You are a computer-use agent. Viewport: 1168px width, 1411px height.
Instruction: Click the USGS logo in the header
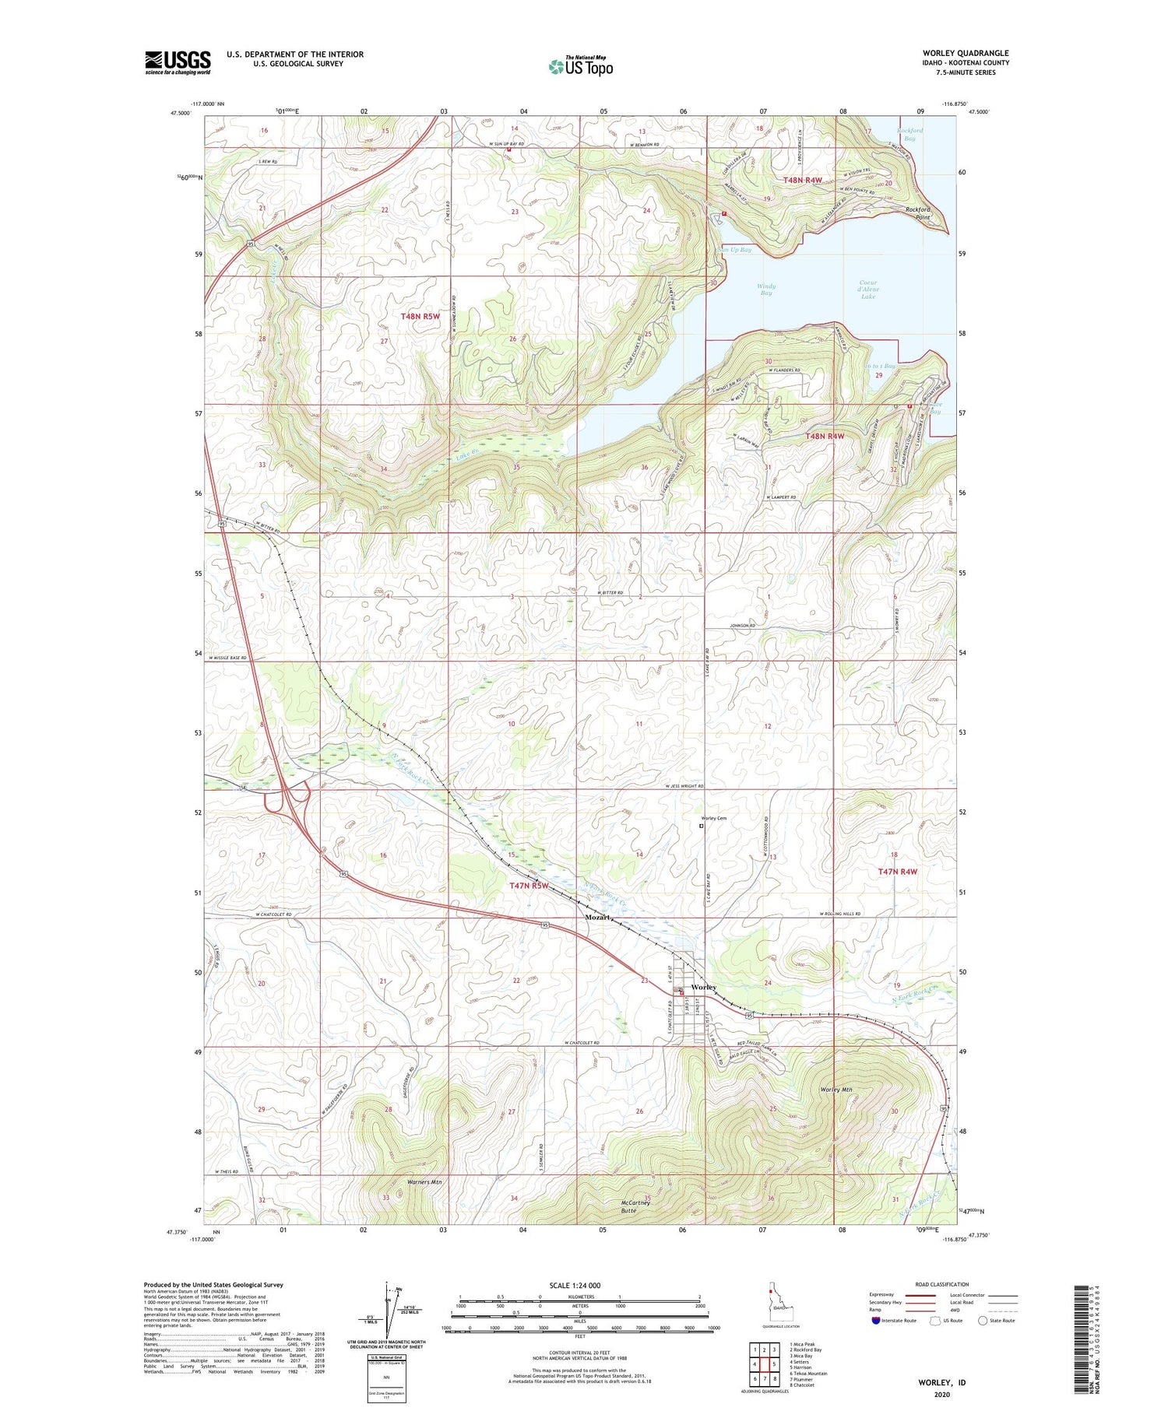[x=178, y=62]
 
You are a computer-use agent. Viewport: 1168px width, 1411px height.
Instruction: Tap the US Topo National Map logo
[x=580, y=66]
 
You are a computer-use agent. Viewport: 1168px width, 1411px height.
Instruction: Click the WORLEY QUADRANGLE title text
[x=964, y=53]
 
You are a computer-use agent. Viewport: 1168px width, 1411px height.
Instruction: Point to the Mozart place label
[x=597, y=918]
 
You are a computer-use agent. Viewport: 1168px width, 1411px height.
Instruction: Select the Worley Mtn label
[x=836, y=1090]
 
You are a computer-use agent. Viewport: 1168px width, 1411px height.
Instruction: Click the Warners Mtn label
[x=424, y=1182]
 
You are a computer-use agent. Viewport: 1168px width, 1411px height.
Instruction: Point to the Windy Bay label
[x=766, y=290]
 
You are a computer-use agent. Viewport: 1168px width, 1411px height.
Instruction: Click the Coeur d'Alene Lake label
[x=868, y=290]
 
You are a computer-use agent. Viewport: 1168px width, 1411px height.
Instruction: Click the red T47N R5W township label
[x=529, y=886]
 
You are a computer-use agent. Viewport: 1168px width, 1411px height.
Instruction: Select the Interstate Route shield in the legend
[x=876, y=1321]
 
